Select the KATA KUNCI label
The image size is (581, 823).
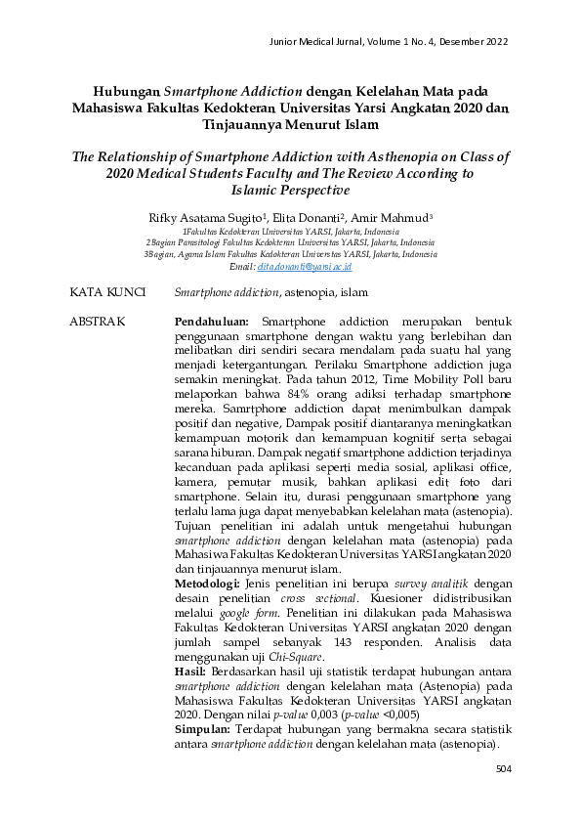point(108,292)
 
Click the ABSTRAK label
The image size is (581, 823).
point(98,321)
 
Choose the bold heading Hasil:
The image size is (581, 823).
point(189,672)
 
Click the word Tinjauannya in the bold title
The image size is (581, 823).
point(242,125)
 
